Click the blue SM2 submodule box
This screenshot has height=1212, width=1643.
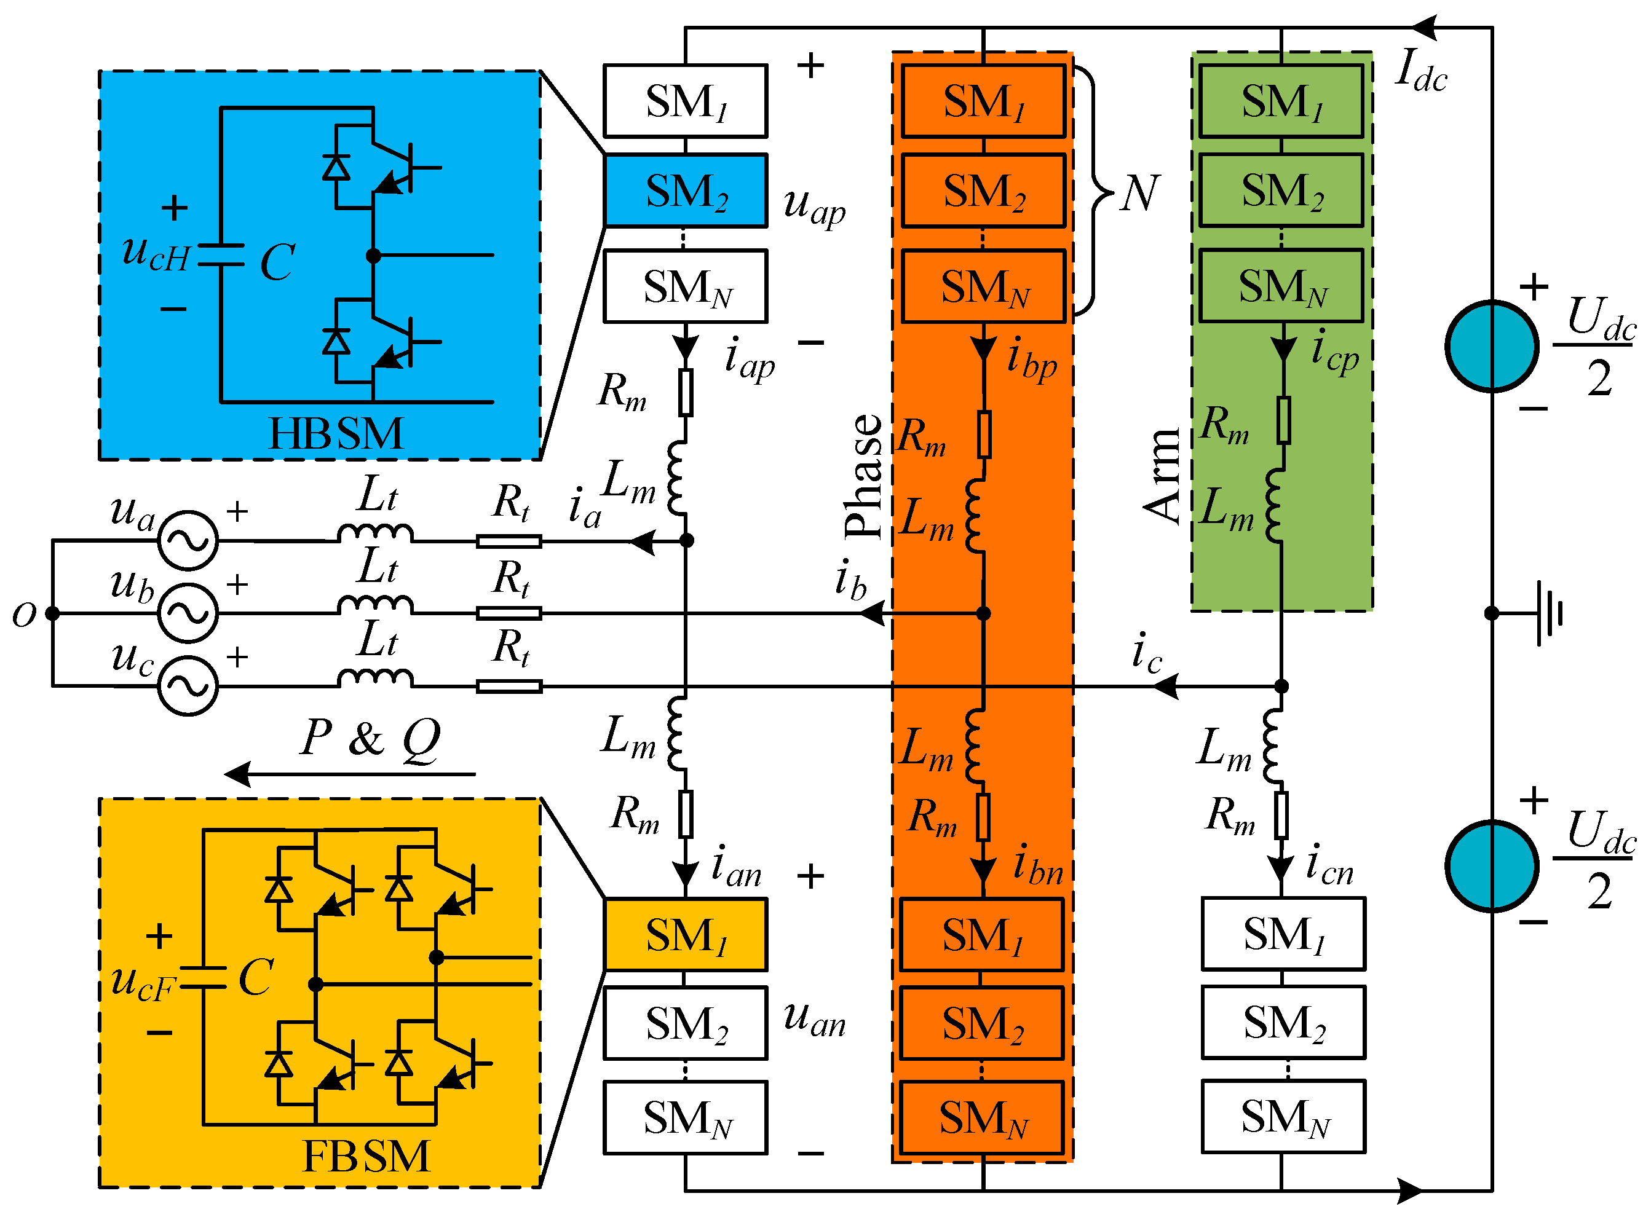click(686, 191)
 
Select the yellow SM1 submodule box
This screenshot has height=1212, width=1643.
click(686, 935)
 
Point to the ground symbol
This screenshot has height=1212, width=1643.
click(1548, 613)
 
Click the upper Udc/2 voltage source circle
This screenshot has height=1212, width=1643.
click(1491, 346)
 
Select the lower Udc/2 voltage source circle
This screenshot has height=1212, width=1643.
click(1491, 867)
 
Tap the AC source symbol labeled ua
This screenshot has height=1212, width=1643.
click(189, 541)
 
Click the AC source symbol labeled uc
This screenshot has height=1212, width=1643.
click(189, 686)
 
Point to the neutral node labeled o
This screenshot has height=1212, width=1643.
click(52, 613)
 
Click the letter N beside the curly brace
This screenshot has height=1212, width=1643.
click(1139, 194)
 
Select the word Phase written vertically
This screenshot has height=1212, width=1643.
click(865, 477)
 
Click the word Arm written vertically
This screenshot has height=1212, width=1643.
click(1163, 477)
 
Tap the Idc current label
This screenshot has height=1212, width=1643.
click(1420, 72)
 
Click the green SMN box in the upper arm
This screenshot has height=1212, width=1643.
click(1281, 286)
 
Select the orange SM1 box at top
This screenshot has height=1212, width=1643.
click(983, 101)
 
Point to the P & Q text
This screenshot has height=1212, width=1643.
click(371, 738)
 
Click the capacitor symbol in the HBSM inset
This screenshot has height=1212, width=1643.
click(221, 254)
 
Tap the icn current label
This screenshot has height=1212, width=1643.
click(1329, 866)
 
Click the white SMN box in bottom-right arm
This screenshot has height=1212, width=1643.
click(1283, 1117)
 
